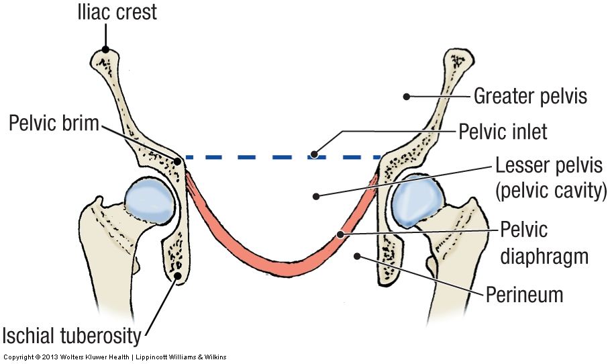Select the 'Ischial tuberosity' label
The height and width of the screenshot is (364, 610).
tap(74, 334)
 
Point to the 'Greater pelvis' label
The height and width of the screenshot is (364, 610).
tap(530, 96)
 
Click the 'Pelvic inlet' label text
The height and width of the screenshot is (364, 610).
tap(503, 132)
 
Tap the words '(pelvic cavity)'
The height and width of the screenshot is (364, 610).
tap(551, 191)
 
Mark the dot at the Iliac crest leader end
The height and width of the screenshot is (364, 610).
tap(105, 48)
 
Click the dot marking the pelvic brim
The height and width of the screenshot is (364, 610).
tap(179, 161)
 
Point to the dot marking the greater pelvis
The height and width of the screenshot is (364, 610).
tap(406, 97)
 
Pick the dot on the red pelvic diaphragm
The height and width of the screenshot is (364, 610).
tap(341, 234)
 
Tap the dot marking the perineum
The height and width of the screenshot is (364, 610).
tap(358, 255)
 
